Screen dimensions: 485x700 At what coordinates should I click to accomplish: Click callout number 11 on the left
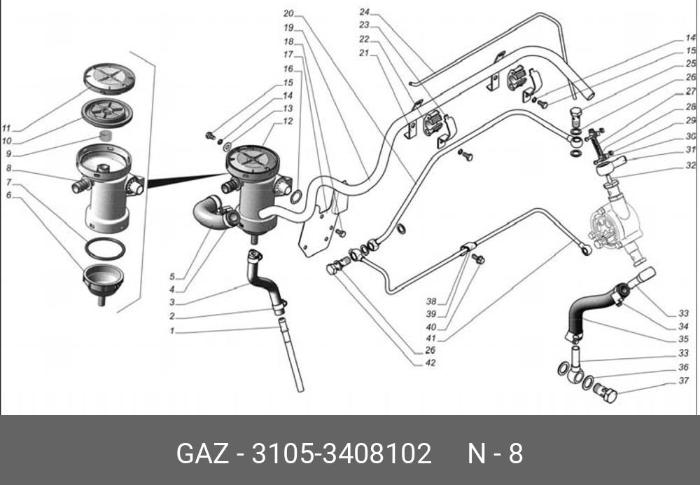7,128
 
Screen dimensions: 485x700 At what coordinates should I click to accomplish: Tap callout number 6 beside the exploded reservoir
8,195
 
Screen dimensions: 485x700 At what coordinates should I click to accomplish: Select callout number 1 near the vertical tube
171,331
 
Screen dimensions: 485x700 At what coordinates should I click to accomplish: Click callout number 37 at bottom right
684,382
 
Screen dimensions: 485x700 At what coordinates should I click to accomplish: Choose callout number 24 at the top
365,12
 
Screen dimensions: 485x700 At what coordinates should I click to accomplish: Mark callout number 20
288,13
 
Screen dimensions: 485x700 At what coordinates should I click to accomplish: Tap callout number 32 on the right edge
690,166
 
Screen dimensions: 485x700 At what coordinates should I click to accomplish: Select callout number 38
432,301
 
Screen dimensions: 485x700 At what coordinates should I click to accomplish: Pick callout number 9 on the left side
8,154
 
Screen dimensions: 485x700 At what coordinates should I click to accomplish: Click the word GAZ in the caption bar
203,453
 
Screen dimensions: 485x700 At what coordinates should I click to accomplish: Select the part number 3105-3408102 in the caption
341,453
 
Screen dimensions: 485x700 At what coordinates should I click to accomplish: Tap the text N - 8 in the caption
495,453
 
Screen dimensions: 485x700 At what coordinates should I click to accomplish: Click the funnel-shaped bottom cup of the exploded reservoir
102,280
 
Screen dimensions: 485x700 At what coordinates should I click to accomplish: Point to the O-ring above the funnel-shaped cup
106,247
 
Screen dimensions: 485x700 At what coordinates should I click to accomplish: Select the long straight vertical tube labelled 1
292,354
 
